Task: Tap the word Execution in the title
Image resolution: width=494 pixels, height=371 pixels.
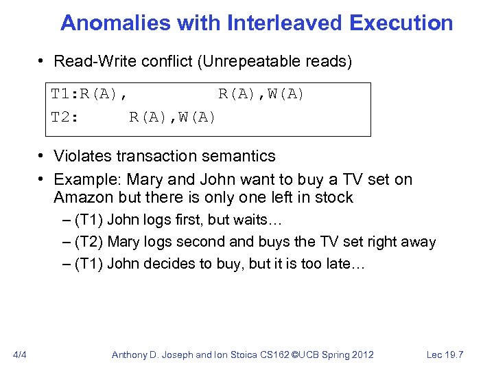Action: (x=401, y=23)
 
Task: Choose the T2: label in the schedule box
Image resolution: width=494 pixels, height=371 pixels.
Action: (x=65, y=117)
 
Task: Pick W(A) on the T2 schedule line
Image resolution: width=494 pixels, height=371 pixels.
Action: (x=196, y=117)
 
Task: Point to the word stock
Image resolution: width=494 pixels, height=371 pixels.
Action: (x=332, y=198)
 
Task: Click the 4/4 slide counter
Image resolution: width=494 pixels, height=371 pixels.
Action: (x=20, y=355)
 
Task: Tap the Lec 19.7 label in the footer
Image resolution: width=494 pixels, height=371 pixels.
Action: (x=445, y=355)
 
